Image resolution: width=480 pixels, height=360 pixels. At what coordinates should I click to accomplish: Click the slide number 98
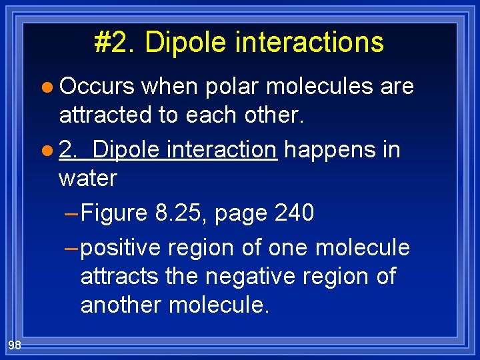(x=14, y=344)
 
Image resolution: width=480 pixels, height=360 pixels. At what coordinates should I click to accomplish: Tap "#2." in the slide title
(x=115, y=42)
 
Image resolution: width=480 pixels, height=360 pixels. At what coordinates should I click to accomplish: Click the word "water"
(x=87, y=178)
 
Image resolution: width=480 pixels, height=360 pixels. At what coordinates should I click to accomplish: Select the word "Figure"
(x=114, y=213)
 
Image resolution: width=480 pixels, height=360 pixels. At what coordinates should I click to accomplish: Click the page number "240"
(x=294, y=213)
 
